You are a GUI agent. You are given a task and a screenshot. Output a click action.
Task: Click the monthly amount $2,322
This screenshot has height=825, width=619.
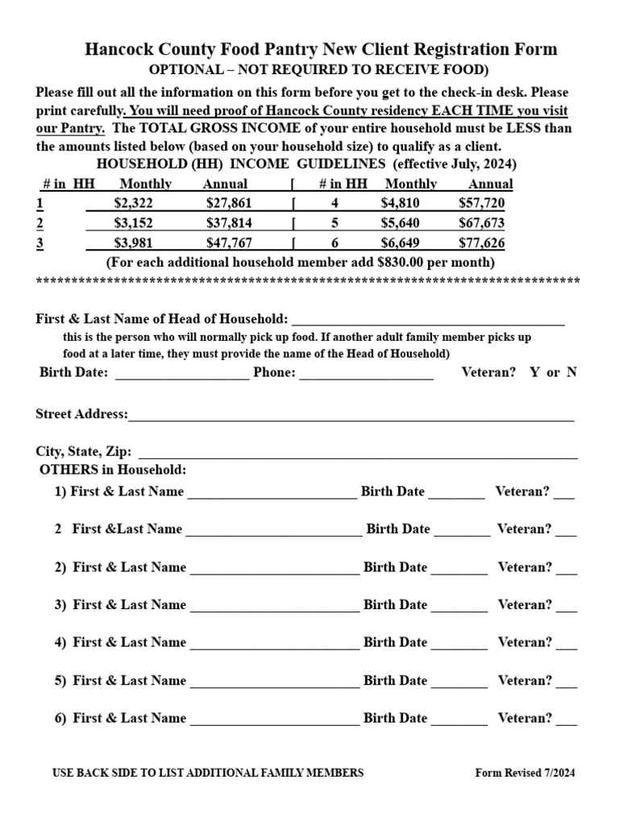coord(133,203)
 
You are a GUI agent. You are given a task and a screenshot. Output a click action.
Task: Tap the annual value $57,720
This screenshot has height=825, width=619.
coord(482,203)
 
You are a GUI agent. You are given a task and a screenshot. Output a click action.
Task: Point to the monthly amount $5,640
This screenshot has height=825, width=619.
coord(401,223)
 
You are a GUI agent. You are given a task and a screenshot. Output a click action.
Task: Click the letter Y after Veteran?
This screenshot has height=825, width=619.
coord(534,373)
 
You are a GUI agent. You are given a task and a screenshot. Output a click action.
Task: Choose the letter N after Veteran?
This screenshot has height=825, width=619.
coord(571,373)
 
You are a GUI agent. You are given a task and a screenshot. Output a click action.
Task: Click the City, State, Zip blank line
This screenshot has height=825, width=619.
coord(358,456)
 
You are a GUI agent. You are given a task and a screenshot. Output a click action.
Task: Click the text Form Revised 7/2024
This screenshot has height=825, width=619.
coord(526,773)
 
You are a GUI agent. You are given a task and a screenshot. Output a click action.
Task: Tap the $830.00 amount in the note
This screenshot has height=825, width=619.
coord(404,263)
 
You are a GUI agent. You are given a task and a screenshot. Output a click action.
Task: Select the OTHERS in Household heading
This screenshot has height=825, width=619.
coord(113,470)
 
